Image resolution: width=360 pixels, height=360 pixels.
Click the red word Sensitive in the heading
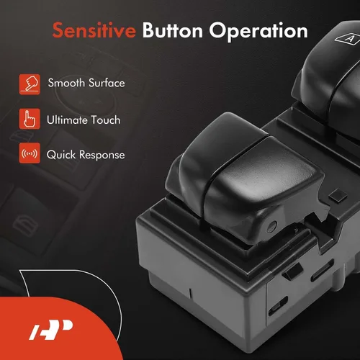click(94, 30)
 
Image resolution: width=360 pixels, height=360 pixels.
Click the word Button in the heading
click(173, 30)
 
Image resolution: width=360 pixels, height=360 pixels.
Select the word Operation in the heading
click(258, 32)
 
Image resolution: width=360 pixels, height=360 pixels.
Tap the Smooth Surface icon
click(30, 84)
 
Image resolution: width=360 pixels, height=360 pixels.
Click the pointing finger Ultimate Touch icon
click(30, 119)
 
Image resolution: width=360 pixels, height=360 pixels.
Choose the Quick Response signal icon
click(30, 153)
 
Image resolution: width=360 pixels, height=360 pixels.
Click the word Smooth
click(66, 83)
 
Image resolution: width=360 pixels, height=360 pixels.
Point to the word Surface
click(107, 83)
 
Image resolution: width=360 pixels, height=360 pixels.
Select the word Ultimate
click(67, 120)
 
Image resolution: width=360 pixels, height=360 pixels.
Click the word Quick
click(61, 155)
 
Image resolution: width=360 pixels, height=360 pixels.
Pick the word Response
click(102, 156)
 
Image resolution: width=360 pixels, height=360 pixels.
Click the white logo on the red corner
click(50, 330)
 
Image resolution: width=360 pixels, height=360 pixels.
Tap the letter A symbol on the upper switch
click(348, 38)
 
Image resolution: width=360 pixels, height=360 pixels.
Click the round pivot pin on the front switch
click(271, 226)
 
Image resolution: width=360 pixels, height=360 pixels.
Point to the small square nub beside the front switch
click(338, 195)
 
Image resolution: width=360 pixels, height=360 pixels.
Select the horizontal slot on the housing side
click(322, 271)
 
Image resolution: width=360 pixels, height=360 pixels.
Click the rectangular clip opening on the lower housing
click(278, 306)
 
